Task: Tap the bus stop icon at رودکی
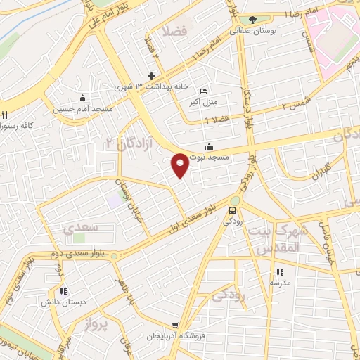click(x=233, y=210)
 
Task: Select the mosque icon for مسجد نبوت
click(x=209, y=146)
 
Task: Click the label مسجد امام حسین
click(x=82, y=109)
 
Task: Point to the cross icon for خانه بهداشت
click(x=151, y=76)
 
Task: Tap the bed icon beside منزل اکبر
click(x=203, y=91)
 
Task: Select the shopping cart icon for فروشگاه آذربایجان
click(x=175, y=326)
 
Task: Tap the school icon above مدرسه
click(x=280, y=272)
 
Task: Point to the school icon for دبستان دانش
click(x=63, y=290)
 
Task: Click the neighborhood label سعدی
click(x=79, y=229)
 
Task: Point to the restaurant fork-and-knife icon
click(x=4, y=115)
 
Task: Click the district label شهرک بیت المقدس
click(x=279, y=239)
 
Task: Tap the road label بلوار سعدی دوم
click(x=79, y=252)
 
